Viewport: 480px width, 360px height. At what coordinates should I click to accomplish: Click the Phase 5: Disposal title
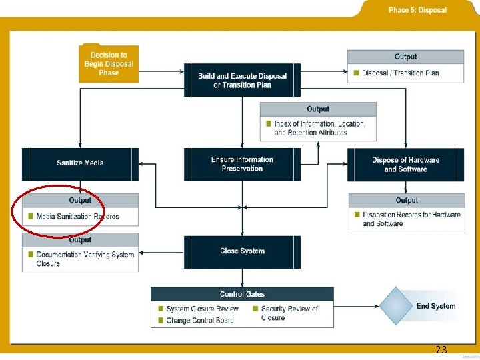click(x=417, y=10)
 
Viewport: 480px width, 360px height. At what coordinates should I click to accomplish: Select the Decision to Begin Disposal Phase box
click(x=109, y=63)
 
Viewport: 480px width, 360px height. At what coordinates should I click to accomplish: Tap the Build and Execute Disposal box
click(x=242, y=80)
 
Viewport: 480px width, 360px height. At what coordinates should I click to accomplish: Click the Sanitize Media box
click(x=80, y=163)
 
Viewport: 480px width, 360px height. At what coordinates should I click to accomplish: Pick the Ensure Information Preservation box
click(x=242, y=164)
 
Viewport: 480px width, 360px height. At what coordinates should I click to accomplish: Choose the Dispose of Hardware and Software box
click(x=405, y=165)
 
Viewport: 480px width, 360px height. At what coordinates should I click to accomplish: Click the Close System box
click(x=242, y=251)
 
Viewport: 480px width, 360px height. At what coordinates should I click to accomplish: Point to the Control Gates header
click(x=242, y=294)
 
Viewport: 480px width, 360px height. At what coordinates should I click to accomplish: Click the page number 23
click(x=441, y=349)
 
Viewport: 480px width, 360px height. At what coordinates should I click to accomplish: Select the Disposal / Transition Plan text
click(x=400, y=73)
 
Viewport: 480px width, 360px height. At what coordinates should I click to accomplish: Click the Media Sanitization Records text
click(x=77, y=216)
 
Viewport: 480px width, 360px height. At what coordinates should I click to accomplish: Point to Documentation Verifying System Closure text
click(x=85, y=259)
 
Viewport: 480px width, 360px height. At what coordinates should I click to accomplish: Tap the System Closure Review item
click(x=202, y=309)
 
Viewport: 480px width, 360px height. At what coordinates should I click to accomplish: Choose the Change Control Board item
click(x=199, y=321)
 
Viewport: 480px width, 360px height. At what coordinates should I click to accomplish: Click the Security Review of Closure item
click(x=289, y=313)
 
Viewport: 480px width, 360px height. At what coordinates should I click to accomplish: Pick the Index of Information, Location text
click(x=319, y=124)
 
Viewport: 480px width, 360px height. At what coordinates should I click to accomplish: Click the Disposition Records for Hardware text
click(x=411, y=215)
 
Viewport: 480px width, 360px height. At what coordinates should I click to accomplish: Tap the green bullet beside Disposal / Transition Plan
click(x=356, y=73)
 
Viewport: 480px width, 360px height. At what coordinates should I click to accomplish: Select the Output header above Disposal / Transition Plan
click(x=405, y=57)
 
